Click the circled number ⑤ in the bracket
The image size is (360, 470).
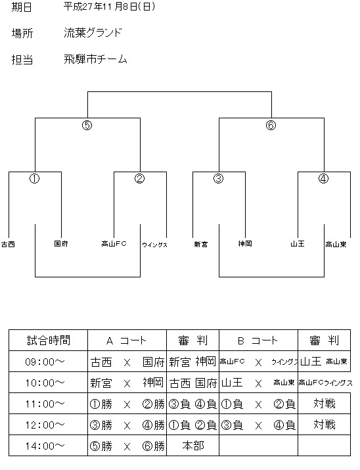coord(87,125)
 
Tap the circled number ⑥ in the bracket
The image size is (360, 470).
coord(271,125)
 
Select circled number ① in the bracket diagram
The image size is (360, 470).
coord(34,179)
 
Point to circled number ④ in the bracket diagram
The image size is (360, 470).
coord(323,179)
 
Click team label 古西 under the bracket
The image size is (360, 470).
coord(8,245)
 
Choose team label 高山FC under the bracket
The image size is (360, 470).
coord(114,244)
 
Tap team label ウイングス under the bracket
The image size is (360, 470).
coord(154,245)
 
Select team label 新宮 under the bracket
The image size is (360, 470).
coord(201,245)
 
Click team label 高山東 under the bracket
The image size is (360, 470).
coord(336,245)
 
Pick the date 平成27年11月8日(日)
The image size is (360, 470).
coord(110,7)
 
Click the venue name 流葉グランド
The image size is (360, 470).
coord(93,33)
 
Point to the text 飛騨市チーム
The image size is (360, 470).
coord(95,59)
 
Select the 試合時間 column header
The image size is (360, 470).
coord(49,341)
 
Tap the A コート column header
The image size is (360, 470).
coord(126,341)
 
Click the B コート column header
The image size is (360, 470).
coord(258,341)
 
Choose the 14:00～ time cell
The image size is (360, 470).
coord(45,446)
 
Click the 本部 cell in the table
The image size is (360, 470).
coord(193,446)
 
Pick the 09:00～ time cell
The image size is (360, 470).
coord(45,362)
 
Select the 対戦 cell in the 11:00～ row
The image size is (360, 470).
coord(325,404)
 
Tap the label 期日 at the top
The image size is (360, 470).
coord(22,7)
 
